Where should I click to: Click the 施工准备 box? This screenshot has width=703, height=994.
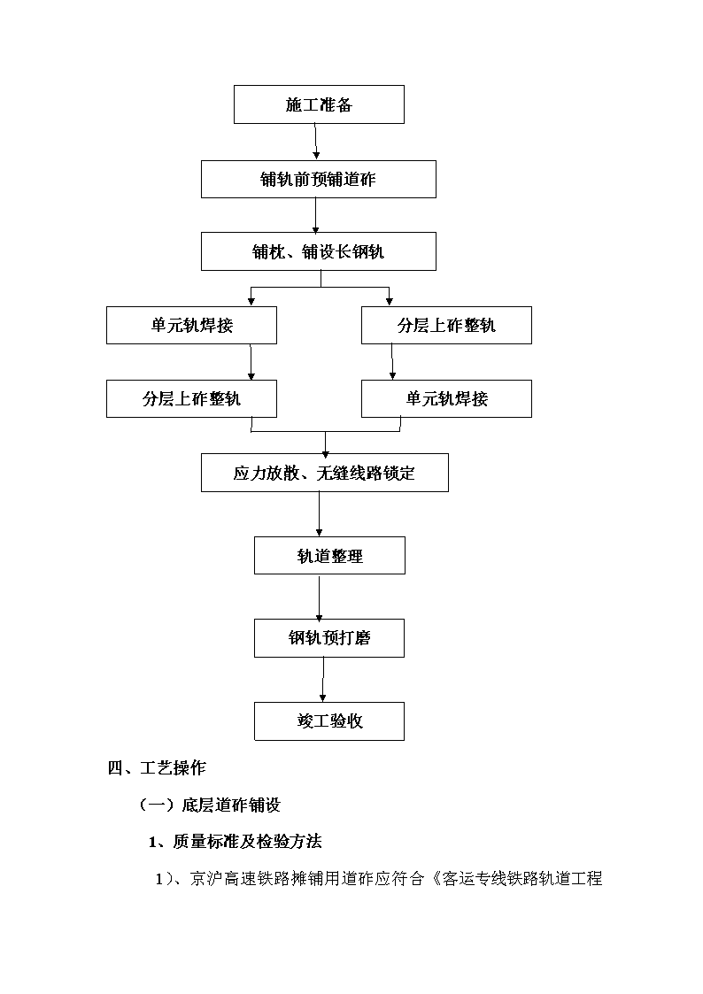(x=319, y=104)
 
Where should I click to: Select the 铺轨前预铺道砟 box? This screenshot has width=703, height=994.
(x=319, y=180)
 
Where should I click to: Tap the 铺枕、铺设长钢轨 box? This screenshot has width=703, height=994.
(x=319, y=251)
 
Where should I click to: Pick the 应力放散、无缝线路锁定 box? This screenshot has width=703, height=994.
(x=325, y=473)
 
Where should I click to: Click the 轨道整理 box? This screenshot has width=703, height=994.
(x=329, y=556)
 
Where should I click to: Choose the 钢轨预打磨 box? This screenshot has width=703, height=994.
(x=329, y=638)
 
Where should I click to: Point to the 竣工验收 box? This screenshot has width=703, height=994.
(x=329, y=721)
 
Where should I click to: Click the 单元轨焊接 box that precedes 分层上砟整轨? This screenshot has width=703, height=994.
(x=191, y=326)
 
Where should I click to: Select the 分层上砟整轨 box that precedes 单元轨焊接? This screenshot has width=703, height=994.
(x=446, y=326)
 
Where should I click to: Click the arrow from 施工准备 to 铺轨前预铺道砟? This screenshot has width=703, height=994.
(x=316, y=142)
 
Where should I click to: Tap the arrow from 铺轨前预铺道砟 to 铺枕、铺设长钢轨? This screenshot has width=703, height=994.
(x=316, y=216)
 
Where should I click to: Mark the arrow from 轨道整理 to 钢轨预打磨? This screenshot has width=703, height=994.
(x=319, y=597)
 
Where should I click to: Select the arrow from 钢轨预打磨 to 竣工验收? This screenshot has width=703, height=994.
(x=323, y=680)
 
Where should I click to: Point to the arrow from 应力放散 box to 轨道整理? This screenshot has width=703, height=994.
(x=319, y=514)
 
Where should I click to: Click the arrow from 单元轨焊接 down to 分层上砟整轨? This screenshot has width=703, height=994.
(x=251, y=362)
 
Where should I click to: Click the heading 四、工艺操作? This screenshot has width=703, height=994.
(x=157, y=768)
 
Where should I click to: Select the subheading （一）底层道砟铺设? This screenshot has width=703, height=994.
(x=209, y=805)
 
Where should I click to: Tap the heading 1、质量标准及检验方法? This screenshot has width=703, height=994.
(x=236, y=842)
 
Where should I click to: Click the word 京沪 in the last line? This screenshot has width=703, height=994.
(x=206, y=879)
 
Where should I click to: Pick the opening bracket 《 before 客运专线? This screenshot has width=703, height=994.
(x=434, y=879)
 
